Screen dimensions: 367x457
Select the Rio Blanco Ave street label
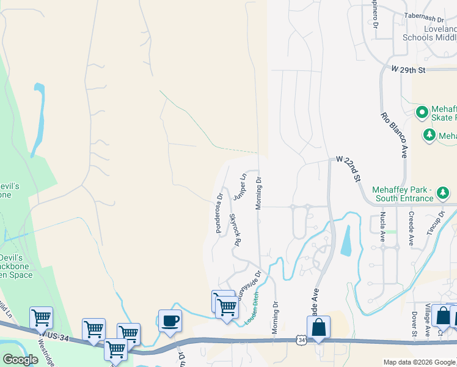click(x=394, y=135)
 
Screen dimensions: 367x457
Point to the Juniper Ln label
click(x=239, y=187)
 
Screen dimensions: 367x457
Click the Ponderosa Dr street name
click(x=219, y=213)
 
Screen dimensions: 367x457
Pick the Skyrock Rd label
click(x=233, y=230)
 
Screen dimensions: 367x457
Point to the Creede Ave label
click(x=412, y=226)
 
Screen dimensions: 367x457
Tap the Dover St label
click(x=414, y=324)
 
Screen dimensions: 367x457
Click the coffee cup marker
click(x=169, y=320)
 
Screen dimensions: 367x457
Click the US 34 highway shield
click(x=300, y=339)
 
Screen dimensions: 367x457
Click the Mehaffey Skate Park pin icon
click(x=421, y=113)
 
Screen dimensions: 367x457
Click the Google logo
click(x=20, y=360)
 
